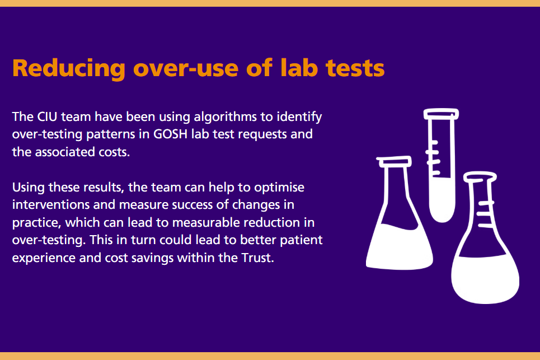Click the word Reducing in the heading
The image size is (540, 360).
pyautogui.click(x=67, y=68)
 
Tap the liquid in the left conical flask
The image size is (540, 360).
pyautogui.click(x=399, y=246)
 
